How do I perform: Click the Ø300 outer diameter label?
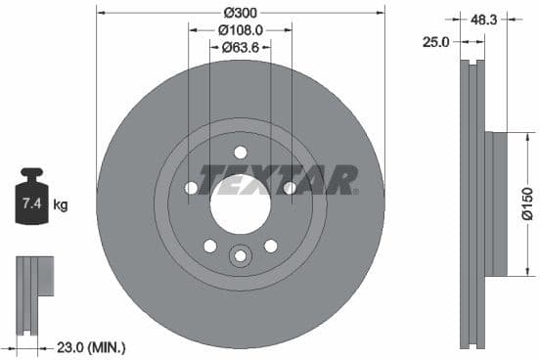[240, 13]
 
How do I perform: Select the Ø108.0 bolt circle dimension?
[240, 29]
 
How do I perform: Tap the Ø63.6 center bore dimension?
[240, 46]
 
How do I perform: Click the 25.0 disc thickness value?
[436, 42]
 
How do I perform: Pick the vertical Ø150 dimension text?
[526, 202]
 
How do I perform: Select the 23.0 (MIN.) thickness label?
[93, 346]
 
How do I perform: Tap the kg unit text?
[61, 204]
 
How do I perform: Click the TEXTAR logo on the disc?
[279, 180]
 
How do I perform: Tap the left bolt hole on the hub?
[190, 188]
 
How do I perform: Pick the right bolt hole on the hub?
[290, 188]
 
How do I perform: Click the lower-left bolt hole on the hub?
[209, 246]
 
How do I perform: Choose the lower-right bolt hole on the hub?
[271, 246]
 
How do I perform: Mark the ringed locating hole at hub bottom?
[240, 255]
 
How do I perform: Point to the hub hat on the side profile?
[497, 202]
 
